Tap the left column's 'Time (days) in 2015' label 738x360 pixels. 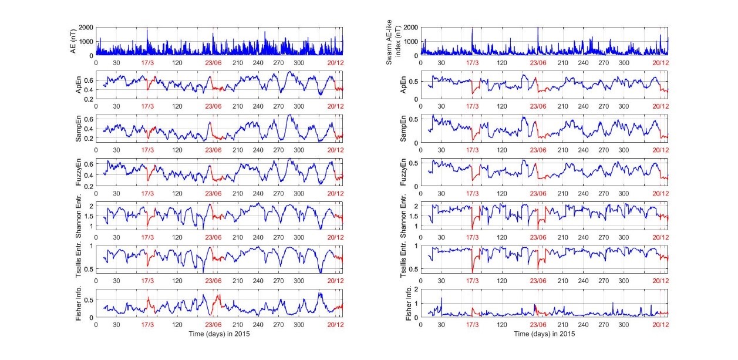point(220,333)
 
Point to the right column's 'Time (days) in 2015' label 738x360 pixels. point(544,333)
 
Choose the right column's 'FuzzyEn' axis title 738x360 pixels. point(402,172)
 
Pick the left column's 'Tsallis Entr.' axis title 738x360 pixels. point(78,259)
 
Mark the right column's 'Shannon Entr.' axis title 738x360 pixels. point(402,216)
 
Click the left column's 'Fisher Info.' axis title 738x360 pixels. point(78,303)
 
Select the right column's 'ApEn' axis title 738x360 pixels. point(402,85)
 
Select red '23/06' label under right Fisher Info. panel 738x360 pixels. point(538,325)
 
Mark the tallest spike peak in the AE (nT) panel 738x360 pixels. point(147,29)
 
